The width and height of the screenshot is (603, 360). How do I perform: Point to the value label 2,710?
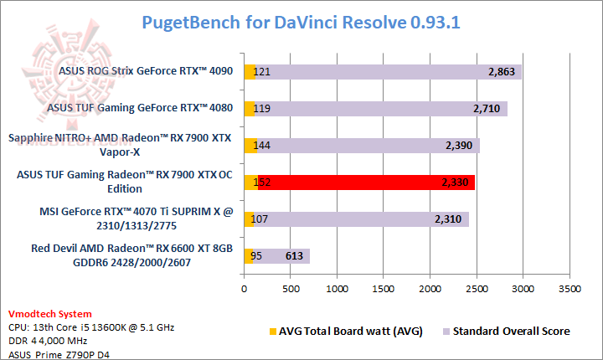[x=487, y=109]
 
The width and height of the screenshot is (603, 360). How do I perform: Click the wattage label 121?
[x=262, y=73]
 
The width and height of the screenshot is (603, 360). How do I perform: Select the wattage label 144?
[x=262, y=146]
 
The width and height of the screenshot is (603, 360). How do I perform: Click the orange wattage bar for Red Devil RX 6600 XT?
[x=248, y=256]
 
